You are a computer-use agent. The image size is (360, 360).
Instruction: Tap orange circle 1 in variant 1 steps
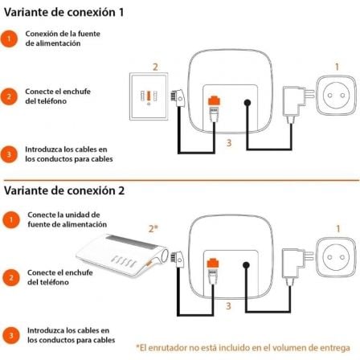coord(10,39)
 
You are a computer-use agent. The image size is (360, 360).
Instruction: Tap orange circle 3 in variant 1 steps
coord(10,153)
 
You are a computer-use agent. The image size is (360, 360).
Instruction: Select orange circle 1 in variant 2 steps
coord(10,219)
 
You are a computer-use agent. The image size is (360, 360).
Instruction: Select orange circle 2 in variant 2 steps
coord(10,277)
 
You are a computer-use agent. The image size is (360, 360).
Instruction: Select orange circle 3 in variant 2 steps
coord(10,335)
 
